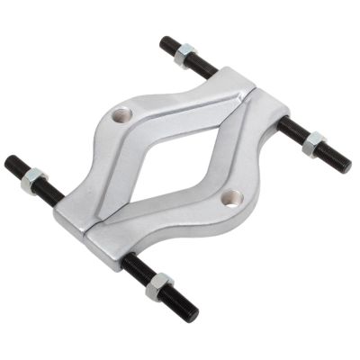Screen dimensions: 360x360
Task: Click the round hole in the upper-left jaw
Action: [124, 115]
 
